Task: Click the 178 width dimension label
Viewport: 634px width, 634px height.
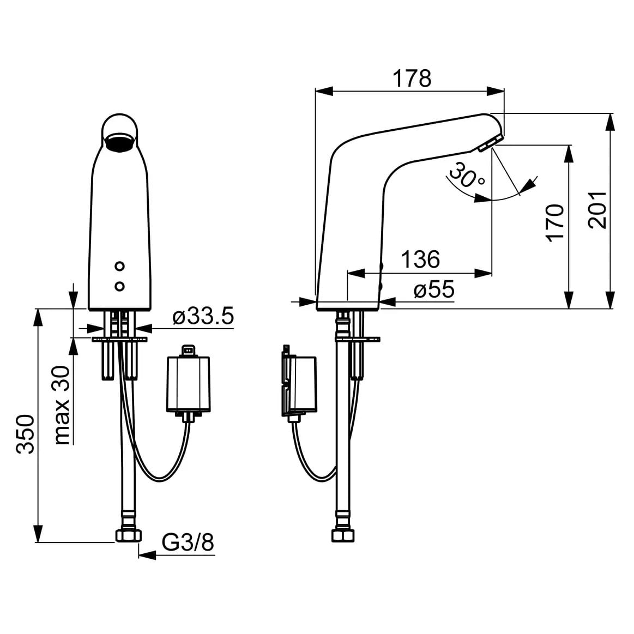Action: (x=412, y=79)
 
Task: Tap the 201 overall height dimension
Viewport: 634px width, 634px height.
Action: (x=598, y=210)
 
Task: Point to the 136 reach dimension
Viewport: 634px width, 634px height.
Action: (x=420, y=259)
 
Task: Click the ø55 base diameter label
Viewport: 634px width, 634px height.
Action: (x=433, y=290)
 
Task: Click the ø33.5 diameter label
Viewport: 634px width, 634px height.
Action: (x=202, y=317)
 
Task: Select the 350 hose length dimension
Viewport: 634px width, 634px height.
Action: (x=25, y=433)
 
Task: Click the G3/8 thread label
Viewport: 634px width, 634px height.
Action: (x=188, y=542)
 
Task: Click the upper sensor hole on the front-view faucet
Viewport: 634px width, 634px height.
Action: (x=120, y=267)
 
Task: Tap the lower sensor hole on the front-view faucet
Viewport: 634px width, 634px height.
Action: (x=120, y=286)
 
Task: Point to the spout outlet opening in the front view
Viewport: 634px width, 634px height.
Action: (x=120, y=143)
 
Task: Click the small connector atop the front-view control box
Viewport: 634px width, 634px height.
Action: (x=189, y=350)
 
